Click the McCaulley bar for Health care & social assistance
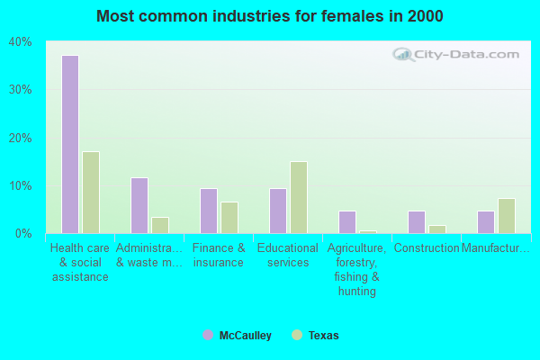(x=69, y=144)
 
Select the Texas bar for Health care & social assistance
(x=91, y=193)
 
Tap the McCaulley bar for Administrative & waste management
(x=139, y=205)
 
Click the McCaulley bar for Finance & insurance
(x=208, y=211)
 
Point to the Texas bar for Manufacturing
(x=507, y=216)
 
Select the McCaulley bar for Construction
(x=416, y=222)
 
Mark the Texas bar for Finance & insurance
(x=229, y=218)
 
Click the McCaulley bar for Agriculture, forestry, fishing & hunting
(x=346, y=222)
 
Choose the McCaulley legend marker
(x=208, y=335)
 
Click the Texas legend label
(x=323, y=336)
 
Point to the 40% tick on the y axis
(x=20, y=42)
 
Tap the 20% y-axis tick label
(x=20, y=138)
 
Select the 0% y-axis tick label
(x=22, y=234)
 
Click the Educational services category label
(x=288, y=256)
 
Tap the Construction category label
(x=427, y=248)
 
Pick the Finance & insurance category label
(x=219, y=256)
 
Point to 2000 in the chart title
(x=424, y=16)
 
